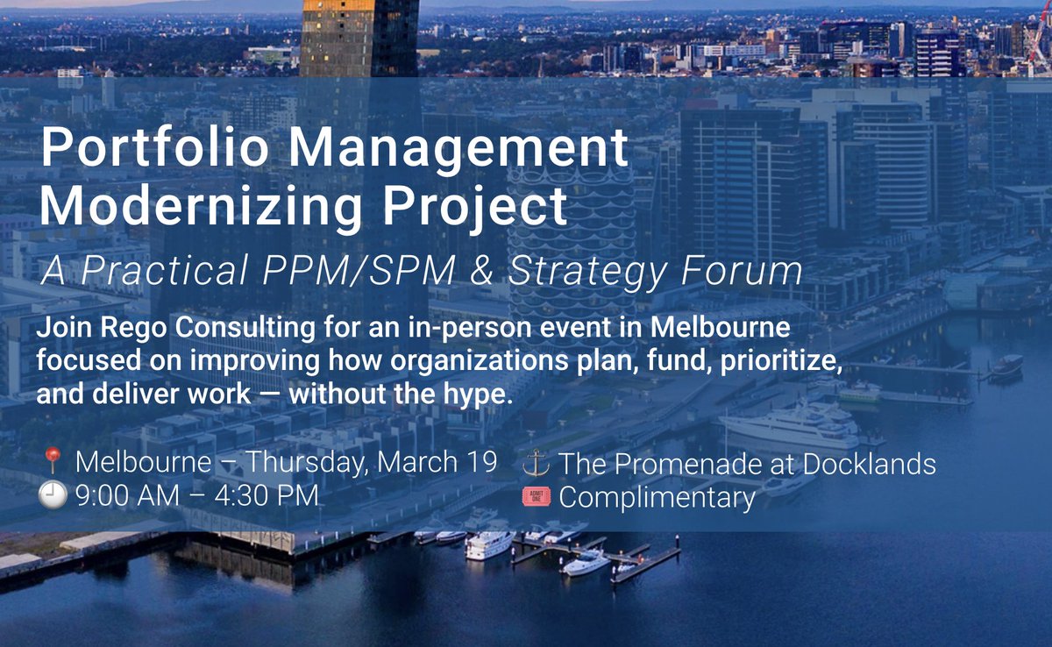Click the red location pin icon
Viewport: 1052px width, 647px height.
pos(53,462)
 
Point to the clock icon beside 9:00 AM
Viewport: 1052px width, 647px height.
pos(53,497)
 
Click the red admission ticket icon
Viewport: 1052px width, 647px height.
pos(535,497)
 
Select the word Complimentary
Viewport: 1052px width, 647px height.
pos(657,498)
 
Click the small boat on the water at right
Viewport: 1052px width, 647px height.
pos(1006,367)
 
